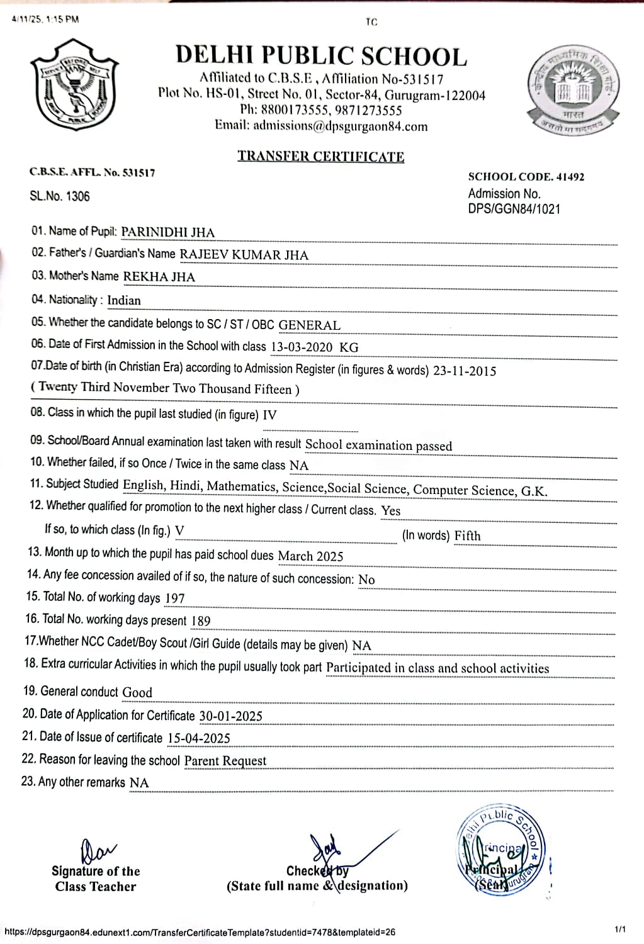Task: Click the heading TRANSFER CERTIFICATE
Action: [x=320, y=156]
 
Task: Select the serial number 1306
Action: [x=77, y=196]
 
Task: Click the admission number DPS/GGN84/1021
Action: [x=514, y=209]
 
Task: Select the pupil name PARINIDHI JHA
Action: [x=167, y=232]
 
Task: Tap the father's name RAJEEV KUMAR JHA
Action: [x=244, y=255]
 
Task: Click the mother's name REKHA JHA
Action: [x=159, y=277]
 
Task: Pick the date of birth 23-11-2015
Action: [x=465, y=371]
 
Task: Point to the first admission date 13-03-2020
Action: [x=302, y=347]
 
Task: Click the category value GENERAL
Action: [x=309, y=325]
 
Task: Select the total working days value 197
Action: [x=174, y=598]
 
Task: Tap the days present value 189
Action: [x=200, y=621]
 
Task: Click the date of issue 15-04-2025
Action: [x=198, y=738]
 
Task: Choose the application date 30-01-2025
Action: [x=230, y=716]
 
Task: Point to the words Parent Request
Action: [x=225, y=761]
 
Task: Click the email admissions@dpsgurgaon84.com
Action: [x=340, y=126]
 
